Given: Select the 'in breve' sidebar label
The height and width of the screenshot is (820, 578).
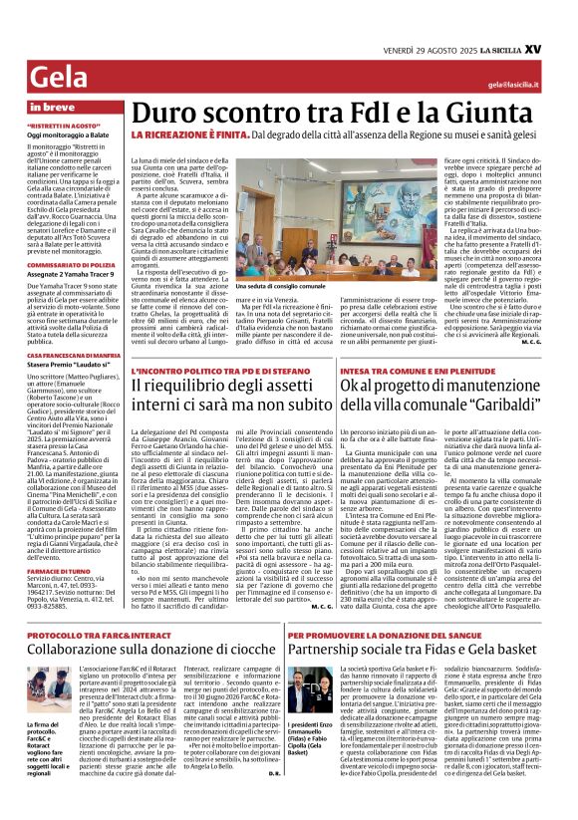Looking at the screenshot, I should pos(54,107).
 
